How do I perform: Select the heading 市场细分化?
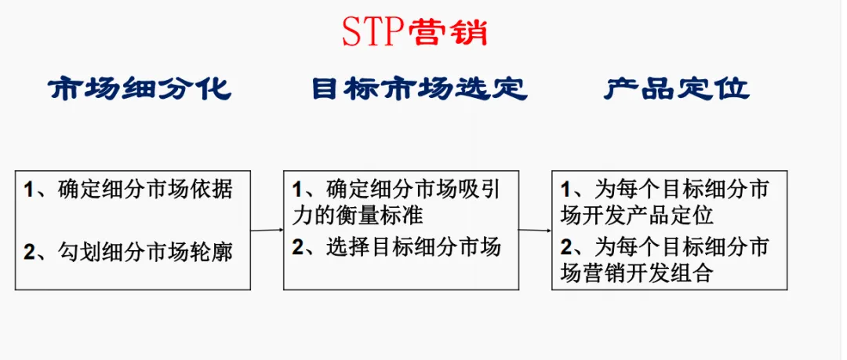click(141, 89)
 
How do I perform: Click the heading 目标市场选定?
click(419, 89)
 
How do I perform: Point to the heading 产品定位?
click(677, 89)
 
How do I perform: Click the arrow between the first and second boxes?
click(267, 231)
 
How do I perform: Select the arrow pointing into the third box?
click(535, 231)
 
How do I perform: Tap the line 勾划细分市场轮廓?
click(145, 252)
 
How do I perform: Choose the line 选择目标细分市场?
click(413, 248)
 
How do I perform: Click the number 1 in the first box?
click(29, 190)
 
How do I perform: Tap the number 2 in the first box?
click(29, 253)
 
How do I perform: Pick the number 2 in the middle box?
click(297, 249)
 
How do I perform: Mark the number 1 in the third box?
click(565, 191)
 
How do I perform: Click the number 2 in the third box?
click(565, 249)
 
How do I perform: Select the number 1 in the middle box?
click(297, 191)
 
